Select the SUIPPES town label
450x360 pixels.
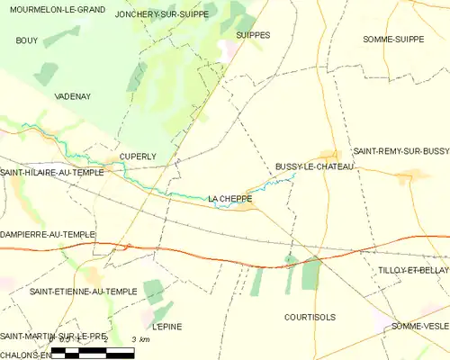click(x=252, y=35)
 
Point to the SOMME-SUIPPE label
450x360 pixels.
click(x=393, y=40)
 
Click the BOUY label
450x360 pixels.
click(x=27, y=41)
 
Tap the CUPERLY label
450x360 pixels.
click(x=139, y=156)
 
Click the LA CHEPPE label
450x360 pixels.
click(x=229, y=198)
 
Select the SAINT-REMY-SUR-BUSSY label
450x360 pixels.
click(x=400, y=152)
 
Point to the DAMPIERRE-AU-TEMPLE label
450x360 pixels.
click(x=48, y=234)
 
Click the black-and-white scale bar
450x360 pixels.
click(x=93, y=352)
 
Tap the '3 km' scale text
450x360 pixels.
click(x=139, y=339)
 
